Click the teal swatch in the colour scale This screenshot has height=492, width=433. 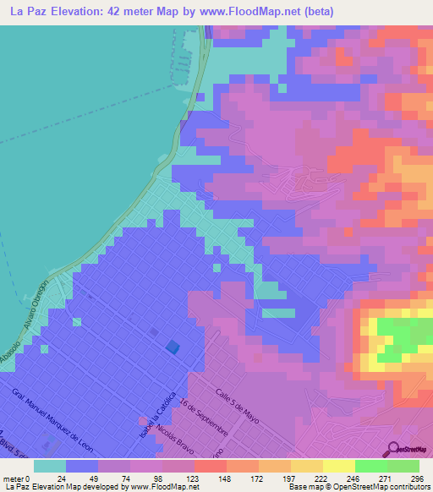50,466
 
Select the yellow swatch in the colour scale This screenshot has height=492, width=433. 338,466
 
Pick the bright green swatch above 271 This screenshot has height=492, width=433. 370,466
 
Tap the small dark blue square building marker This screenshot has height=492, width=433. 173,346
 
